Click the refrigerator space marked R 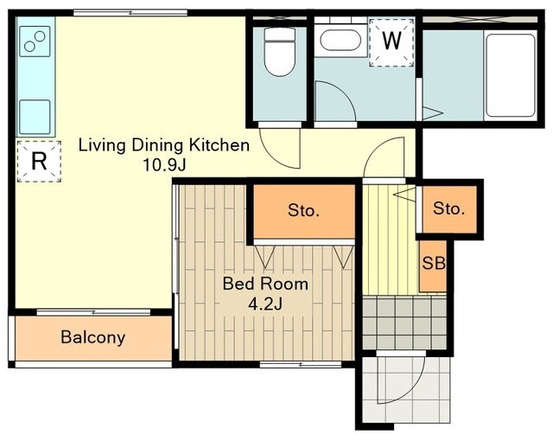coord(39,162)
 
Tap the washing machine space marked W coord(391,42)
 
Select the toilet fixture coord(280,52)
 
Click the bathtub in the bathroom coord(511,75)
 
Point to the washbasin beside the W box coord(340,40)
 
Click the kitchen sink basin coord(35,117)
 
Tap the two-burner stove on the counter coord(35,42)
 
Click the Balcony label coord(93,337)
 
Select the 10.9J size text coord(164,165)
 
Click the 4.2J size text coord(265,304)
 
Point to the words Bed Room coord(265,284)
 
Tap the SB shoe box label coord(434,263)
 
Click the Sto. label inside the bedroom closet coord(303,210)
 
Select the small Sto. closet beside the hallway coord(449,209)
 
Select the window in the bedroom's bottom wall coord(301,364)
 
